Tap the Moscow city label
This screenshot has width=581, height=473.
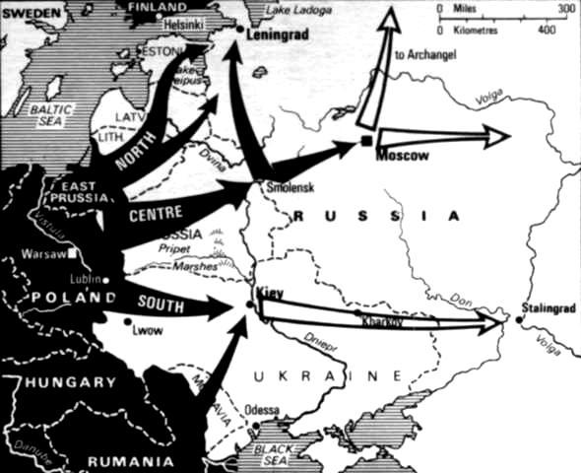[x=399, y=157]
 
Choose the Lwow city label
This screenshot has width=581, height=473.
[x=146, y=331]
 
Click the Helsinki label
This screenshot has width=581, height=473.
[x=186, y=20]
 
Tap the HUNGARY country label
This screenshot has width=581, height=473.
[x=72, y=381]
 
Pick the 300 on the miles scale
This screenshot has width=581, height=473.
[x=566, y=8]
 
